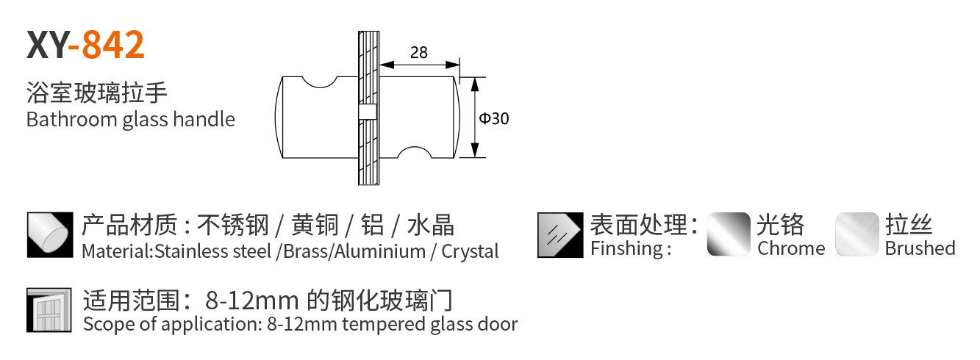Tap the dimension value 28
(418, 52)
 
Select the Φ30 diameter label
(494, 118)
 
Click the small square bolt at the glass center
(367, 112)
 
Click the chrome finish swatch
(729, 234)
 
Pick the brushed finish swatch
(857, 234)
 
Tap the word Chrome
(791, 248)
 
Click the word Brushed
(920, 248)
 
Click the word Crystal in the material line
(470, 251)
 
